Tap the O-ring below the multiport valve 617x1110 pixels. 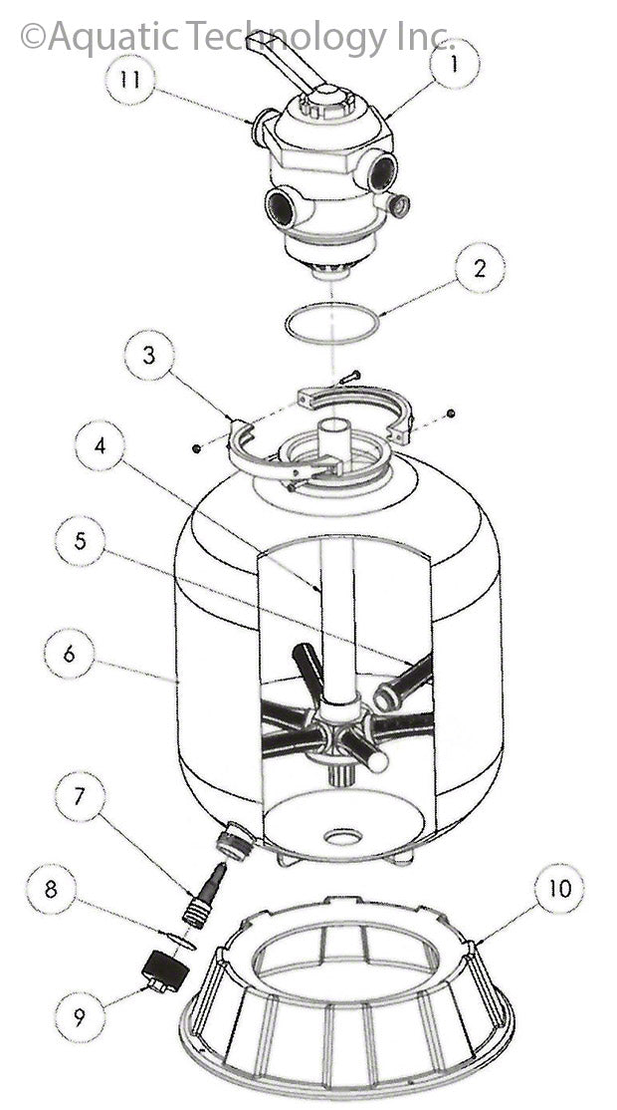tap(332, 324)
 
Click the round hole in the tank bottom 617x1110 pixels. tap(342, 836)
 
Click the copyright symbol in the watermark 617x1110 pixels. tap(33, 38)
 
